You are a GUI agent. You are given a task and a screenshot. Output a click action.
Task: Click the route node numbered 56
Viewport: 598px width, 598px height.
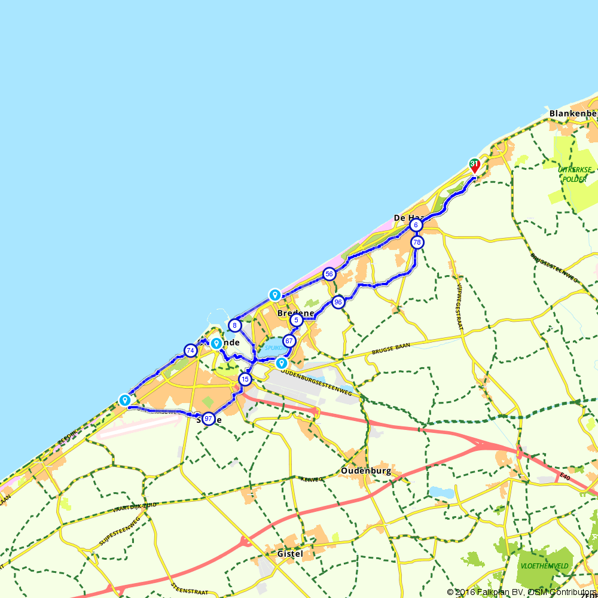coord(329,274)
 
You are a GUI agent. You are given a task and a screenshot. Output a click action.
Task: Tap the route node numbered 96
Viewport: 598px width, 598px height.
coord(338,302)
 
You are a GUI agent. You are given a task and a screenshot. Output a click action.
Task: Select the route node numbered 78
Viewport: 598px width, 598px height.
coord(417,242)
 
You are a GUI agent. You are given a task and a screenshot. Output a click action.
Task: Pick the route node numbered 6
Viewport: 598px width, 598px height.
coord(416,225)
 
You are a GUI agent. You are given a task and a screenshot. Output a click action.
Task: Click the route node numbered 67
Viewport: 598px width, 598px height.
coord(289,341)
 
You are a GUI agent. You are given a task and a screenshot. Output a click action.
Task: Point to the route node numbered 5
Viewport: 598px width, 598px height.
coord(296,321)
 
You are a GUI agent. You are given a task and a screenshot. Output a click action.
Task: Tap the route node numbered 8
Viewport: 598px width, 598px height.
coord(235,326)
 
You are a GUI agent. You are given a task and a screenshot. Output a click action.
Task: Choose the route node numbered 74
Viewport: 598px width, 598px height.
coord(190,350)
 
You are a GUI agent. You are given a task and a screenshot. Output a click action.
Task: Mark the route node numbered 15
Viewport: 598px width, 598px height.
coord(245,379)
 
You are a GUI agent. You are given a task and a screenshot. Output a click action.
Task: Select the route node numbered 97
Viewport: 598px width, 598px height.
coord(208,419)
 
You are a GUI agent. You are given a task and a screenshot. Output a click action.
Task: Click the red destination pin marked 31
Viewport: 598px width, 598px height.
coord(474,165)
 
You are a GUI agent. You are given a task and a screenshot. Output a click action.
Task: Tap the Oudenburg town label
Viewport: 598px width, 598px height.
coord(366,471)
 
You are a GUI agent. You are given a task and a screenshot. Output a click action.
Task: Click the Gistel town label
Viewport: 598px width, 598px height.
coord(290,554)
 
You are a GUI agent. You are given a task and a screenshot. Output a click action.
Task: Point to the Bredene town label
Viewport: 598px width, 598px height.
coord(295,313)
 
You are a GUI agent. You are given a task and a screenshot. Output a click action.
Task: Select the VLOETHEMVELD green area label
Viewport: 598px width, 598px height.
coord(544,566)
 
